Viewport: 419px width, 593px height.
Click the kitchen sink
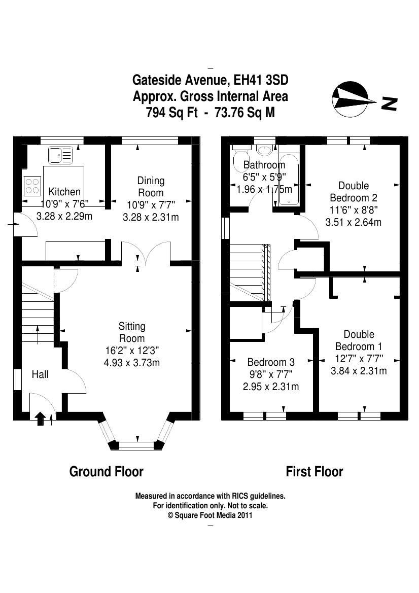[x=60, y=155]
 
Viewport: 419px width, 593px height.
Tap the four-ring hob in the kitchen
[x=32, y=186]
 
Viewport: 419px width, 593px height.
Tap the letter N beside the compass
[x=389, y=103]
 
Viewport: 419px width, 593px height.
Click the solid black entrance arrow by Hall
[x=40, y=419]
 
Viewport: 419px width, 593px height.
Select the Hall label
[x=40, y=374]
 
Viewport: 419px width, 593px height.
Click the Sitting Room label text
[x=131, y=332]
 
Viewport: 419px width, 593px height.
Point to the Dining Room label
[x=151, y=187]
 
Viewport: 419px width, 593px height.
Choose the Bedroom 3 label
[x=271, y=362]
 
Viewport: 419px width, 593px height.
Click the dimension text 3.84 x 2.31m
[x=359, y=371]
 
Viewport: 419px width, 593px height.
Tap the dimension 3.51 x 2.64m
[x=353, y=222]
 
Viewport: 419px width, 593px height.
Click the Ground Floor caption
[x=106, y=472]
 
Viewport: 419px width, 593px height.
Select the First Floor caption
[x=315, y=472]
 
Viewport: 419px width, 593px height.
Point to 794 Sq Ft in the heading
[x=172, y=113]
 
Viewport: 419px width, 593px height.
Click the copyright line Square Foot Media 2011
[x=210, y=515]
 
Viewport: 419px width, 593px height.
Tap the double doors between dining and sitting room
[x=146, y=252]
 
